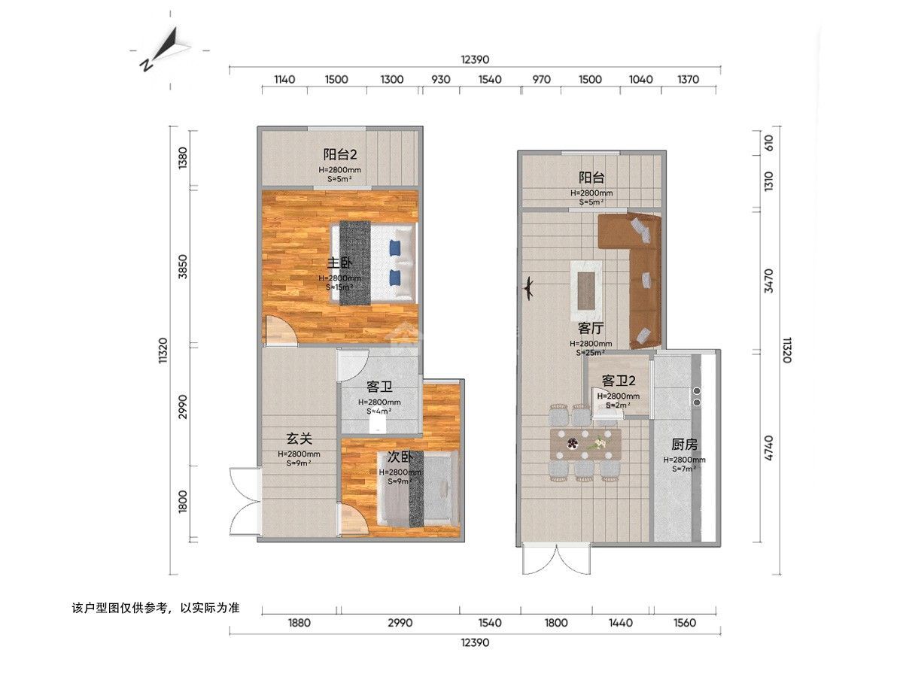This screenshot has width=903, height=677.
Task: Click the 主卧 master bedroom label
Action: (339, 263)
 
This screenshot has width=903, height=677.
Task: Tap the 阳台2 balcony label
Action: (340, 154)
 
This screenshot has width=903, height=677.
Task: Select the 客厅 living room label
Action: (591, 328)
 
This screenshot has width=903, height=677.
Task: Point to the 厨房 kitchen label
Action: (685, 445)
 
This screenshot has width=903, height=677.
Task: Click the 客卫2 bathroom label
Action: (619, 381)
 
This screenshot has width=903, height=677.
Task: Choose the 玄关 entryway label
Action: (299, 439)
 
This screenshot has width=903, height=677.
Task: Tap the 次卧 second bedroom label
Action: (400, 457)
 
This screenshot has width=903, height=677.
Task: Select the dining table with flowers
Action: (585, 445)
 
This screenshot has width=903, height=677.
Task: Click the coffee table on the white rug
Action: (586, 291)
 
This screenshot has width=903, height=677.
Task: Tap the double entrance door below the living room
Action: (557, 559)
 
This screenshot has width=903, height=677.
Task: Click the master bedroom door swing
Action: (280, 329)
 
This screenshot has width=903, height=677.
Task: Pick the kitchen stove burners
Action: (697, 396)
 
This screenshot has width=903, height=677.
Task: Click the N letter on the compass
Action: (146, 65)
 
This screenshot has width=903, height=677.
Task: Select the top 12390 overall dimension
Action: (475, 59)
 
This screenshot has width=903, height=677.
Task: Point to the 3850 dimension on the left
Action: (183, 266)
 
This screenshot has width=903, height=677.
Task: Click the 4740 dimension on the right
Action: (768, 448)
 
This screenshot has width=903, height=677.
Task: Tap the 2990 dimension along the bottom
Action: (400, 622)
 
